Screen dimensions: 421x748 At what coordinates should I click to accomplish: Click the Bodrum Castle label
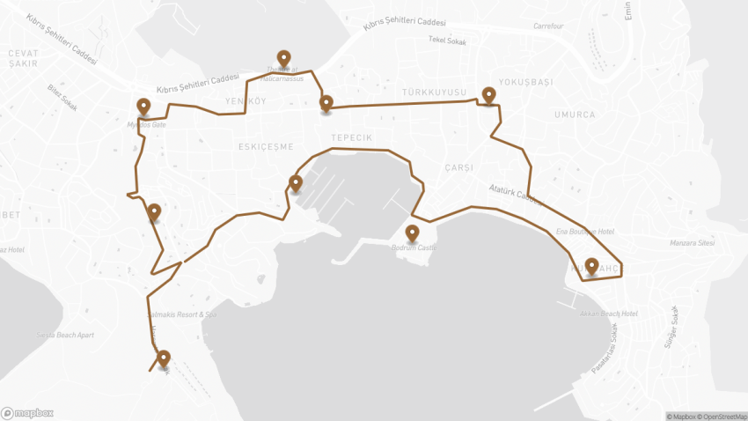(x=413, y=248)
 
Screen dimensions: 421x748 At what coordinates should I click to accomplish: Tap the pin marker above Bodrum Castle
(x=412, y=233)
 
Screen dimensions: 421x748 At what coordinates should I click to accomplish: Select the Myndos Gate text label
(x=146, y=125)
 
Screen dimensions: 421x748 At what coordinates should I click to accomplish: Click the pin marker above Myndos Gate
(x=144, y=107)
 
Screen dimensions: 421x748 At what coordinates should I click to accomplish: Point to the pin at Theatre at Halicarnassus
(x=283, y=59)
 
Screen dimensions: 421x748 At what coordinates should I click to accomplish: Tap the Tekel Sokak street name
(x=448, y=40)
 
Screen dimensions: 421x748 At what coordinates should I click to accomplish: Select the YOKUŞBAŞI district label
(x=526, y=82)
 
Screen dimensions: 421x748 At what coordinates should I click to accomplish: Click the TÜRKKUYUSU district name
(x=433, y=92)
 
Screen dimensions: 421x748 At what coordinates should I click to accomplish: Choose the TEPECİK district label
(x=352, y=138)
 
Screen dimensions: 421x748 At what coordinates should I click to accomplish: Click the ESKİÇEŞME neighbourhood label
(x=266, y=147)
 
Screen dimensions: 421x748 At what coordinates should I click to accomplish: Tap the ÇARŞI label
(x=459, y=167)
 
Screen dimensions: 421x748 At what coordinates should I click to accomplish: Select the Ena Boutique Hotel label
(x=583, y=231)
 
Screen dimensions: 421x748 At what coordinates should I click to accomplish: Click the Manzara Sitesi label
(x=694, y=240)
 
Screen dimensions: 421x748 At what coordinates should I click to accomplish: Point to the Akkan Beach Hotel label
(x=609, y=314)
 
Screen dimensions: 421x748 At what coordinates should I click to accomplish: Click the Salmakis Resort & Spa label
(x=182, y=314)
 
